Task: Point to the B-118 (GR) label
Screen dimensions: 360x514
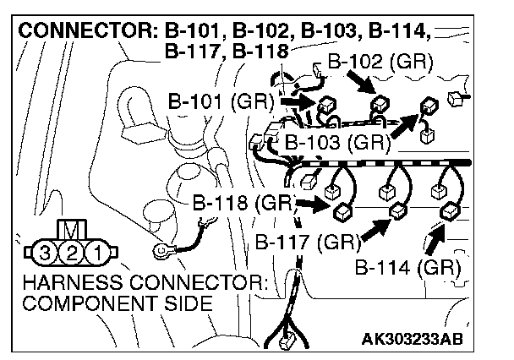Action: coord(242,203)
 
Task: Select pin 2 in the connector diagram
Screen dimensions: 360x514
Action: coord(75,252)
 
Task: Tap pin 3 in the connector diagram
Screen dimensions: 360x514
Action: coord(51,252)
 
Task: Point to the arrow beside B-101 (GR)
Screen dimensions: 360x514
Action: coord(298,101)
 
